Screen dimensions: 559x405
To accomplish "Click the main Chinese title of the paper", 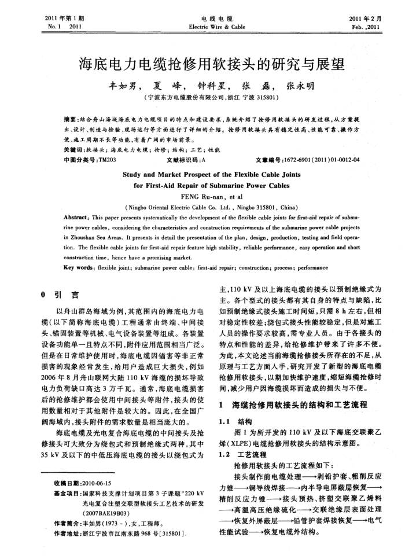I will pos(202,62).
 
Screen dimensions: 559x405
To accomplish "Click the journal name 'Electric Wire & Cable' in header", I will pos(202,27).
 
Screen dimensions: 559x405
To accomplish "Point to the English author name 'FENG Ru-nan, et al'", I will pos(202,196).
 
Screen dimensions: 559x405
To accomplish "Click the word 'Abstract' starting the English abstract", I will pos(80,215).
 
